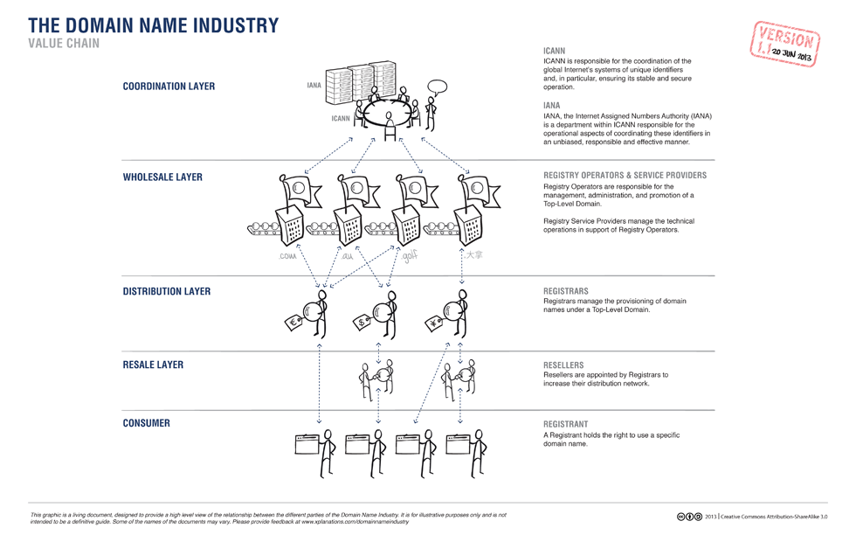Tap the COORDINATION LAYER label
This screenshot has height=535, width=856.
coord(169,87)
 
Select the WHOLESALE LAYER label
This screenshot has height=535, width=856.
coord(162,177)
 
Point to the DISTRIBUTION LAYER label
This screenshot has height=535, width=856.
coord(166,291)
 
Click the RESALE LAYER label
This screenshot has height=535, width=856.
coord(153,365)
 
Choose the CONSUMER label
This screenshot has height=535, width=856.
coord(146,423)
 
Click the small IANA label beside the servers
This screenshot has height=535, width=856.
coord(314,86)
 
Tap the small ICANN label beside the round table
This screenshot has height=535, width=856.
coord(340,118)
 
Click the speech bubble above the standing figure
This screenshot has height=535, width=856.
coord(437,87)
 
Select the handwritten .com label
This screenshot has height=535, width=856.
coord(287,256)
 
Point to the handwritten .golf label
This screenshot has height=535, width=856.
coord(410,256)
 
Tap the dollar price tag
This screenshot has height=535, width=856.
coord(361,324)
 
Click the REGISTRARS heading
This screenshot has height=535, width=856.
coord(565,291)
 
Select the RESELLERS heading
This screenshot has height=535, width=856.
coord(563,365)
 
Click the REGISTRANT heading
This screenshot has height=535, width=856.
coord(565,424)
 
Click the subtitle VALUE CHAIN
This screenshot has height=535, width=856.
coord(64,43)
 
